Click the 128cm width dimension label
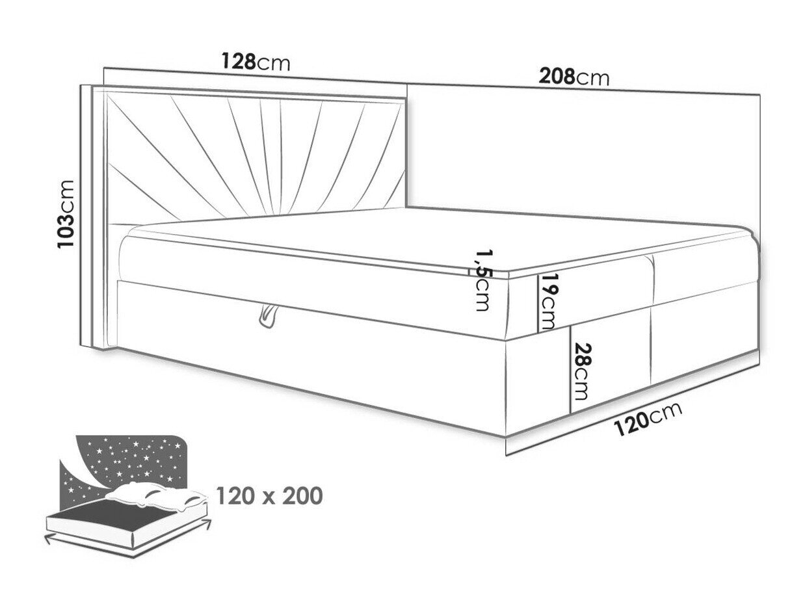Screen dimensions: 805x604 click(x=256, y=61)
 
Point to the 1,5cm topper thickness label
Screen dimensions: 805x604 click(x=482, y=281)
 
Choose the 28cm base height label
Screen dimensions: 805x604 click(x=581, y=371)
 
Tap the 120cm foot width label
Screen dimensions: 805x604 click(x=647, y=419)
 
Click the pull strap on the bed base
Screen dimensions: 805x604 click(x=267, y=316)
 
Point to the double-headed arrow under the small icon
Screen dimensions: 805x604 click(x=127, y=542)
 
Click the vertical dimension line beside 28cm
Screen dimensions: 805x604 click(x=571, y=369)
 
